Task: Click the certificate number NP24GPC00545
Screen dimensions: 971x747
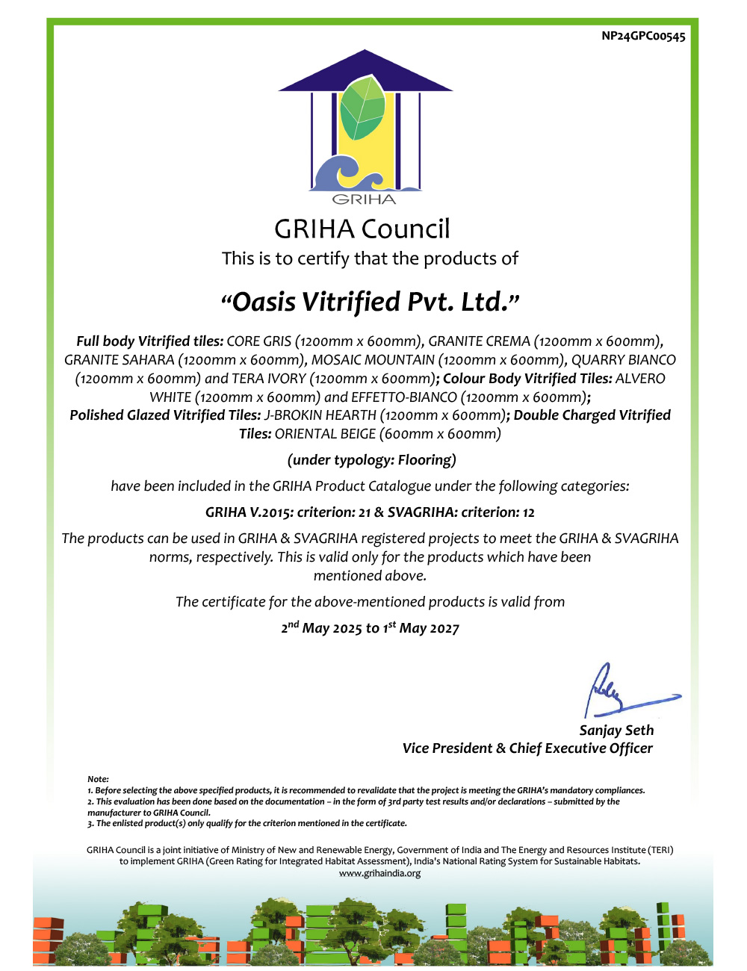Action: [x=643, y=36]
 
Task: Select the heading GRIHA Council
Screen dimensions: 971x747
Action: [x=362, y=229]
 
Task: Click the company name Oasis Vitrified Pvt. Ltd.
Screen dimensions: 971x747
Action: [x=371, y=302]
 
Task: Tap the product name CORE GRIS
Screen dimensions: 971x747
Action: [x=258, y=341]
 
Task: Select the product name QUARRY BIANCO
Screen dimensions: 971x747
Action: [x=623, y=360]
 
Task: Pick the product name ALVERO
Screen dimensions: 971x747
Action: [x=640, y=379]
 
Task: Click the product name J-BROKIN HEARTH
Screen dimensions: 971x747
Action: [x=320, y=415]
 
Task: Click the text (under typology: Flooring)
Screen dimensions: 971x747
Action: [x=371, y=460]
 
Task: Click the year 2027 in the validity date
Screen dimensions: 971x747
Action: [x=444, y=629]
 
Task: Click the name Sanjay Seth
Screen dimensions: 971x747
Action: [x=616, y=730]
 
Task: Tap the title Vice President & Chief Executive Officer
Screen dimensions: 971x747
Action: [x=527, y=748]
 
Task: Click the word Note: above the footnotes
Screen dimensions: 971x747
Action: [x=98, y=779]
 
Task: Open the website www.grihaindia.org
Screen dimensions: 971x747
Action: [x=379, y=873]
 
